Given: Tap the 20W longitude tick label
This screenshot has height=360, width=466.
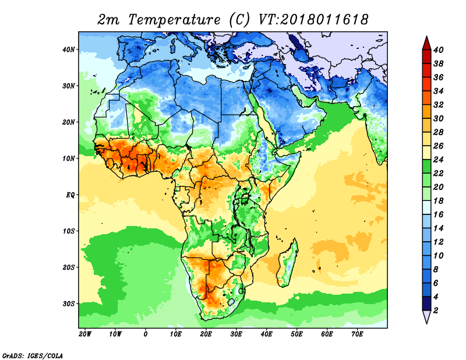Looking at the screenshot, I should pos(85,334).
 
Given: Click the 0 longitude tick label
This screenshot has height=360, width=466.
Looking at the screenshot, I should pos(146,334).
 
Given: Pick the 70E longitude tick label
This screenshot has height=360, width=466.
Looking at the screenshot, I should pos(358,334).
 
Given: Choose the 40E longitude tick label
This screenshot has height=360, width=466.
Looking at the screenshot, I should pos(267,334).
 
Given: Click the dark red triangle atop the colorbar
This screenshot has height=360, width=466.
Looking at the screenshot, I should pos(426,43).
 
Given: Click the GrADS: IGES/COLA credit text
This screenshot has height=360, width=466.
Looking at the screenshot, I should pos(33,355).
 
